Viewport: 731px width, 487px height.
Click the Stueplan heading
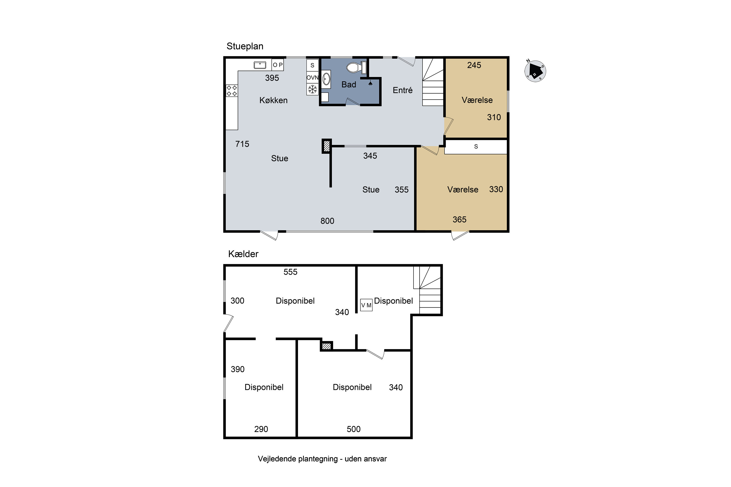point(245,46)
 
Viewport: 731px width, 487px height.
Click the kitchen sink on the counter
point(260,65)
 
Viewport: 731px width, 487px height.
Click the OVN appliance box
point(312,78)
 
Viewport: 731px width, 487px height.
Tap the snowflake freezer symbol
point(312,89)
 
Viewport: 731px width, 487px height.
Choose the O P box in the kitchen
point(278,65)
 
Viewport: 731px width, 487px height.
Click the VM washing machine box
point(366,305)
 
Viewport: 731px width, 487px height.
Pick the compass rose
point(535,71)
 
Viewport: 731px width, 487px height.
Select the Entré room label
point(403,90)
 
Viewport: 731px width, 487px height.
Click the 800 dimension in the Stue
point(327,221)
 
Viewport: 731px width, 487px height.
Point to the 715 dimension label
point(242,144)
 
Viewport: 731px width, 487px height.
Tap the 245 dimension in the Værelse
point(474,65)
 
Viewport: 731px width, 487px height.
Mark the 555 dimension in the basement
point(290,272)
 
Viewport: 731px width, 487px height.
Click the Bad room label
point(349,84)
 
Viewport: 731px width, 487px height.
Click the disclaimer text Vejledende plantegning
point(322,459)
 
